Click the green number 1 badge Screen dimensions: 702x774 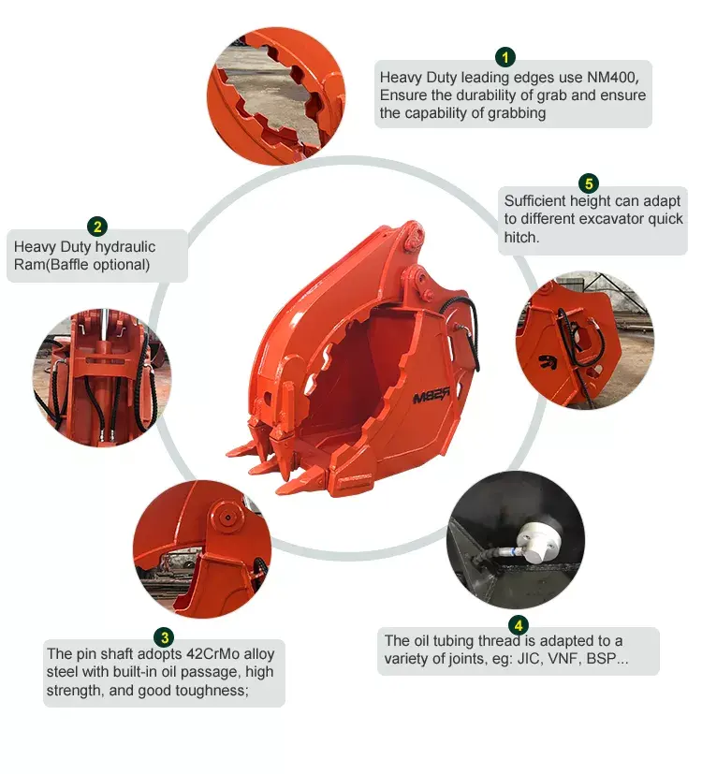(x=505, y=57)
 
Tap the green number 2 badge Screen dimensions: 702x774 (x=97, y=226)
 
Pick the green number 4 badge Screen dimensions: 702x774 (x=518, y=625)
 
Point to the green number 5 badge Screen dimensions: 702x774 (x=588, y=183)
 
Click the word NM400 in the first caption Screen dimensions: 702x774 (x=618, y=77)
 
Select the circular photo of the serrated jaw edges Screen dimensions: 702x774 (x=276, y=96)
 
